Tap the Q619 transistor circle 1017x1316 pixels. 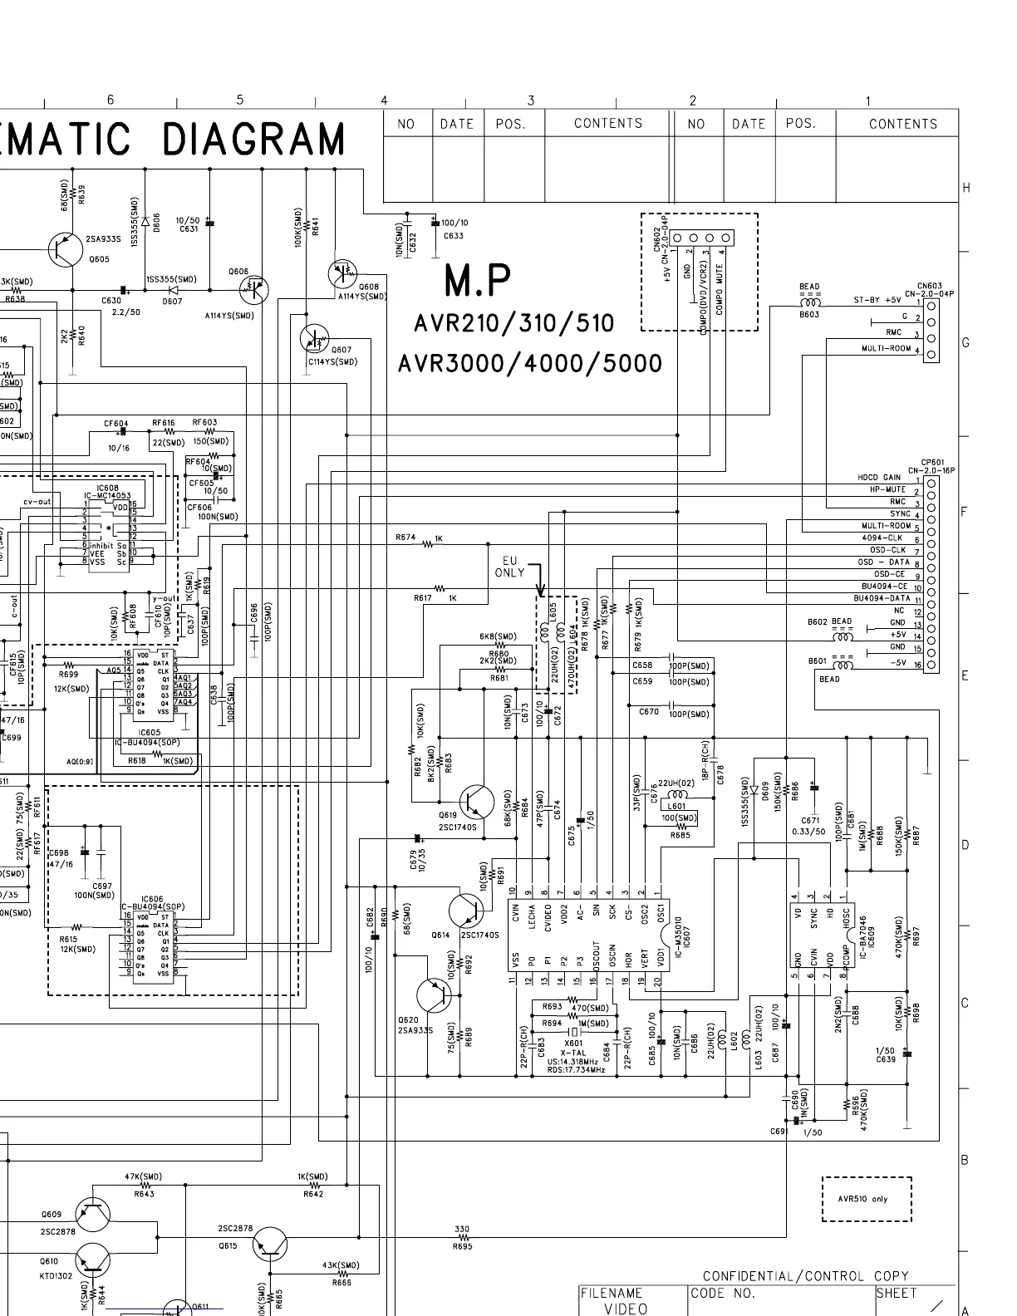point(476,801)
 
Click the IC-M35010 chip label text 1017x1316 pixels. point(679,934)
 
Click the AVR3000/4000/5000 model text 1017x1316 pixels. point(530,363)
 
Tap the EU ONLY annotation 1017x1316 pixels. point(509,567)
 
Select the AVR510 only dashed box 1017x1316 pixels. point(867,1199)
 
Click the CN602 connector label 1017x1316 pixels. point(656,243)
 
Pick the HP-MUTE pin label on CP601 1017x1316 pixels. point(887,489)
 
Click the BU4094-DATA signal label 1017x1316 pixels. point(882,598)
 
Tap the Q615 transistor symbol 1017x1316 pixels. point(269,1245)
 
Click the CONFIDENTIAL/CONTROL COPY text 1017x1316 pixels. point(805,1276)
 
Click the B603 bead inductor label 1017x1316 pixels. point(808,315)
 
